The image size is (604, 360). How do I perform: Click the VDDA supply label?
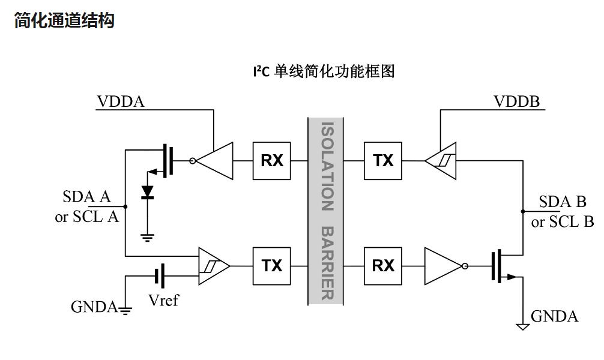121,101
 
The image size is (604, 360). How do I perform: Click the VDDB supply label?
517,101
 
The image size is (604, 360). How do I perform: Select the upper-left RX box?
271,161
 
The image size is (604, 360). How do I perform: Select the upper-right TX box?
383,161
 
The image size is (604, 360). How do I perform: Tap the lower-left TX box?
271,265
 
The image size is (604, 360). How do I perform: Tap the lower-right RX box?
383,265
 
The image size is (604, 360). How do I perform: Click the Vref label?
163,300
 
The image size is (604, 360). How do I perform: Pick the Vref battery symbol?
160,276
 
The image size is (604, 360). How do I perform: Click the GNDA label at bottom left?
94,307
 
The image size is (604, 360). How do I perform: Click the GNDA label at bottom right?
554,316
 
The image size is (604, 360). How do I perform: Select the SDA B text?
562,202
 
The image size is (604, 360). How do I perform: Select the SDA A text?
86,197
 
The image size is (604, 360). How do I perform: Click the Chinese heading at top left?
64,22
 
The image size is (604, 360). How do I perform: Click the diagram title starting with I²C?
324,71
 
